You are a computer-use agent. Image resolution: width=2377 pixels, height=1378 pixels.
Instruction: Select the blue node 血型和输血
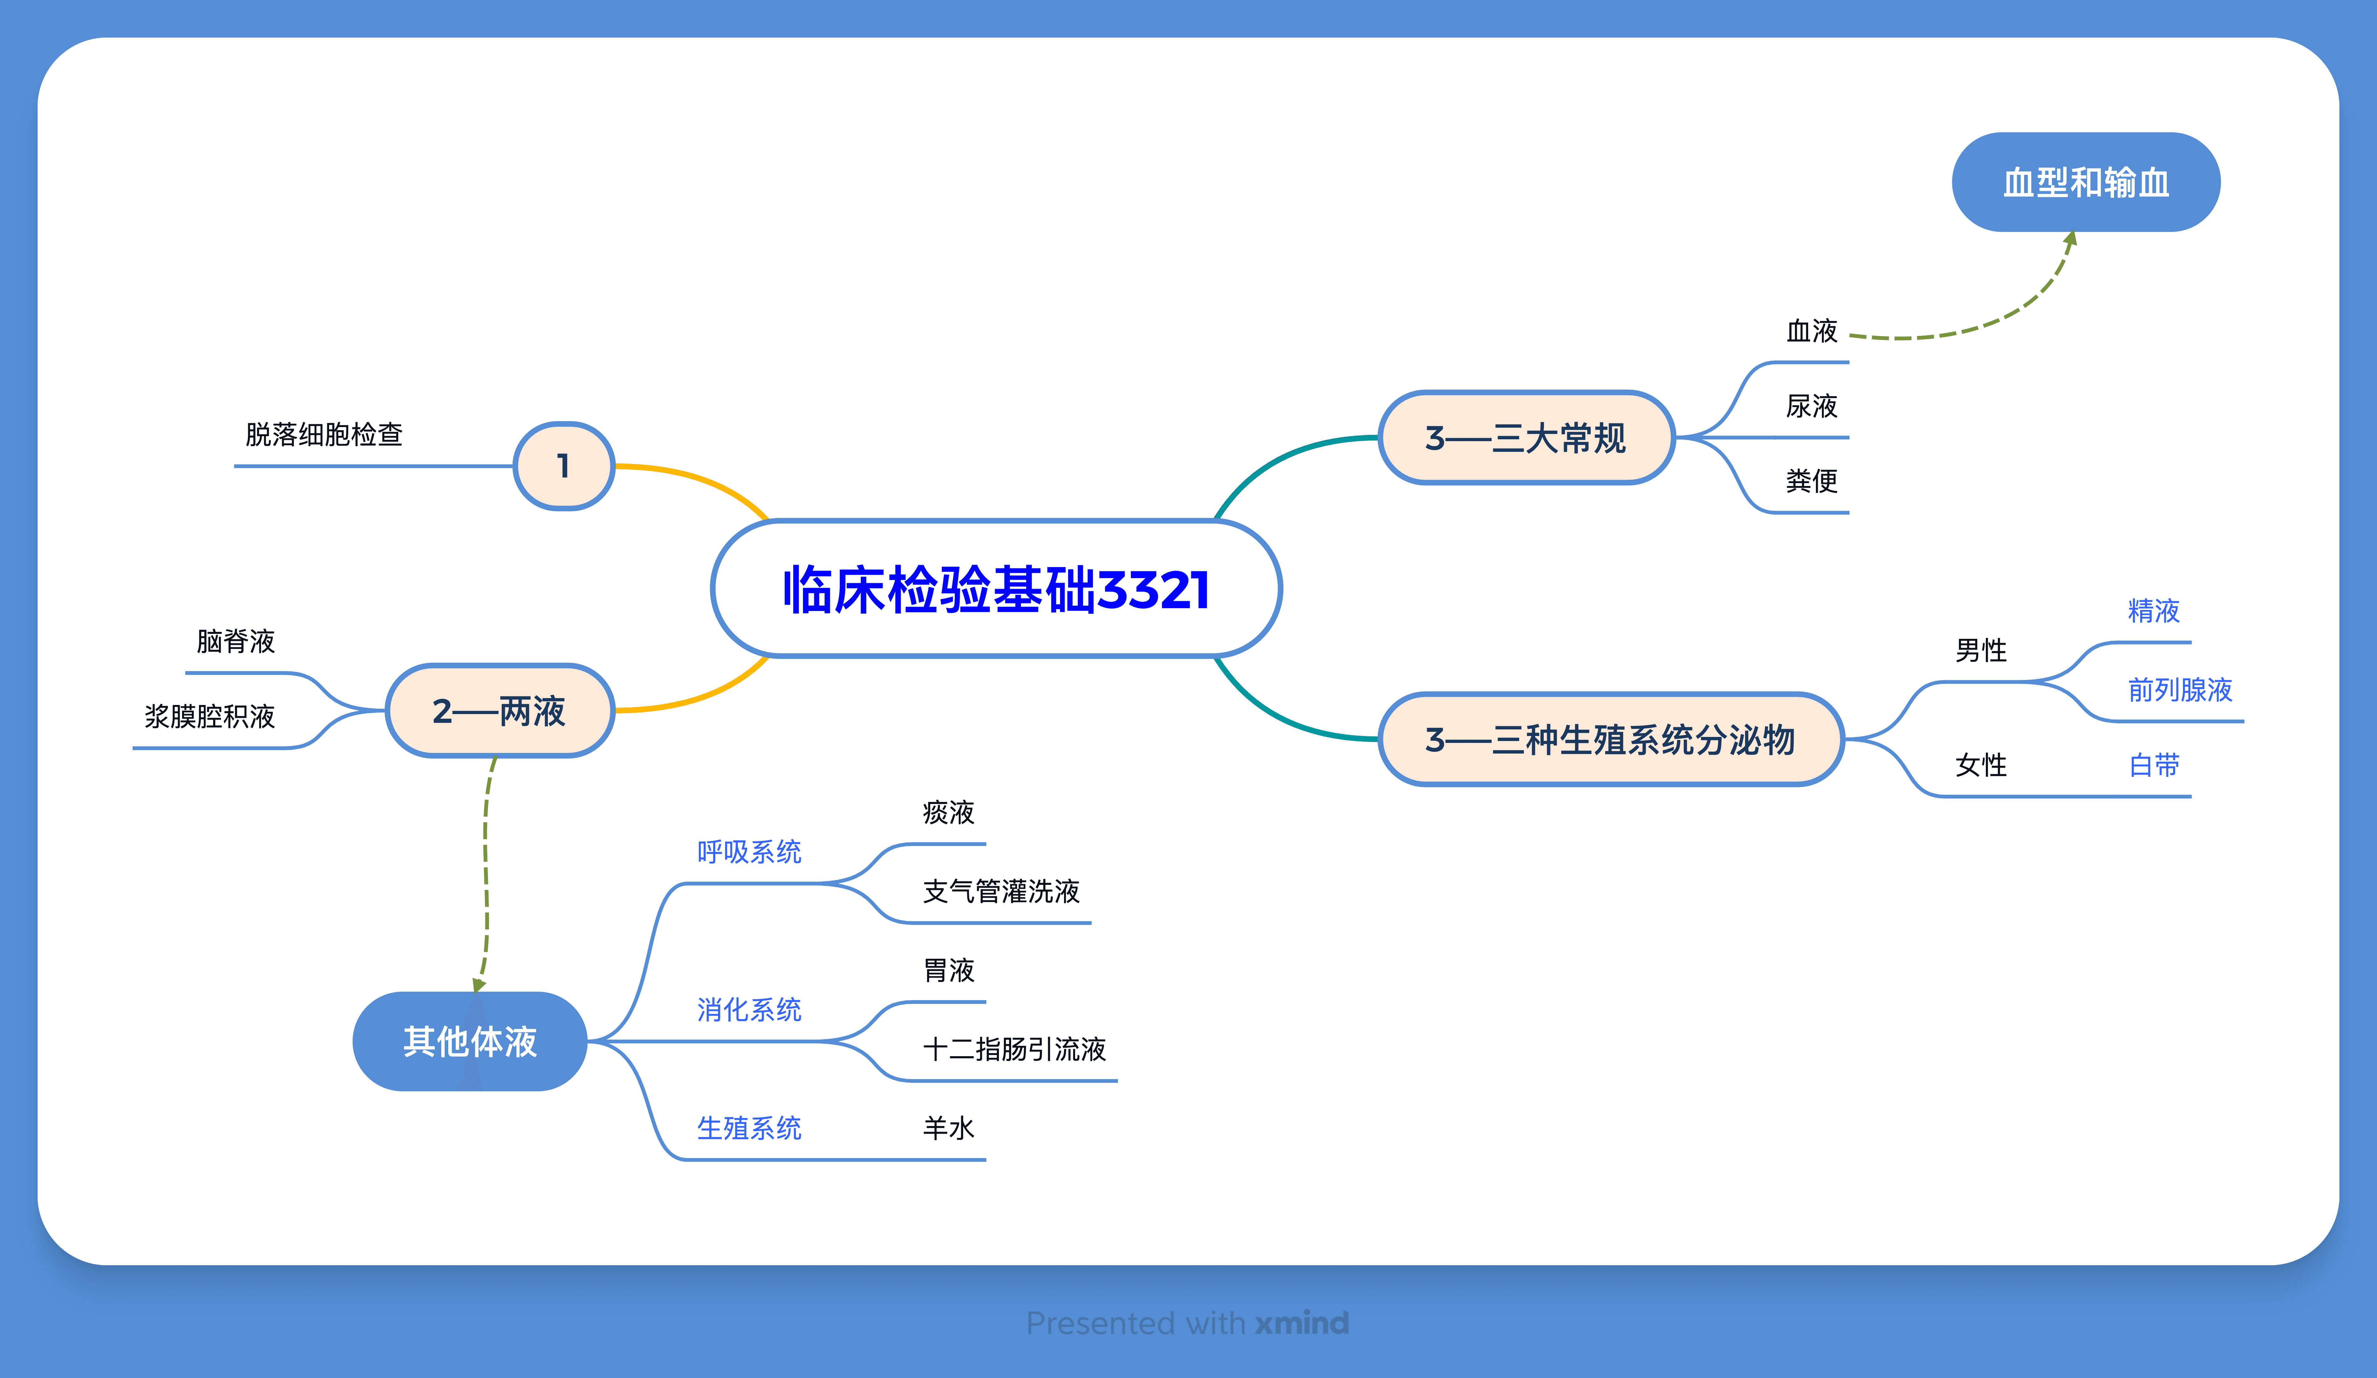click(x=2086, y=182)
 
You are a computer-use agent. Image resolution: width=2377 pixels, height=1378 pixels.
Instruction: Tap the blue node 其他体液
click(x=470, y=1041)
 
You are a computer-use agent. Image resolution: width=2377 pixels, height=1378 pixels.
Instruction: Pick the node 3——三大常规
click(x=1525, y=438)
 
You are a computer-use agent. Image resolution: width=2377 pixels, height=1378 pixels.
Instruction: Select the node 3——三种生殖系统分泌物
click(x=1610, y=739)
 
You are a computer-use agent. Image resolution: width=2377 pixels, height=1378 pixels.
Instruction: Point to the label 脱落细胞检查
click(x=323, y=435)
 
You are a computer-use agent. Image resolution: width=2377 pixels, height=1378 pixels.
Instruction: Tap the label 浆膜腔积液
click(x=209, y=717)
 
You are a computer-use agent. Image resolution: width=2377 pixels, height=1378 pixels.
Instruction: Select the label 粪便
click(x=1811, y=481)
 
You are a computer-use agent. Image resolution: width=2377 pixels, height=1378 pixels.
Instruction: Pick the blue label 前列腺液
click(x=2180, y=690)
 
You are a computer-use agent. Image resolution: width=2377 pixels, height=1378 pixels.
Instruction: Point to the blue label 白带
click(x=2154, y=765)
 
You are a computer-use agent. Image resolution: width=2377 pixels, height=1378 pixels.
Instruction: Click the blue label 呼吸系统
click(x=749, y=852)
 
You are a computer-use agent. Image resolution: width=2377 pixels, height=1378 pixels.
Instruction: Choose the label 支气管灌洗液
click(x=1001, y=891)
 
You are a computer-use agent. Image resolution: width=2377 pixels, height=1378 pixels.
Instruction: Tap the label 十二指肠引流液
click(x=1014, y=1049)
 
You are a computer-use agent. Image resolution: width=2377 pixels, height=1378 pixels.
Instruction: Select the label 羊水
click(x=948, y=1128)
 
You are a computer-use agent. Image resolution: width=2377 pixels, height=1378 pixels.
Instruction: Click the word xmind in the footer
click(x=1302, y=1323)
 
